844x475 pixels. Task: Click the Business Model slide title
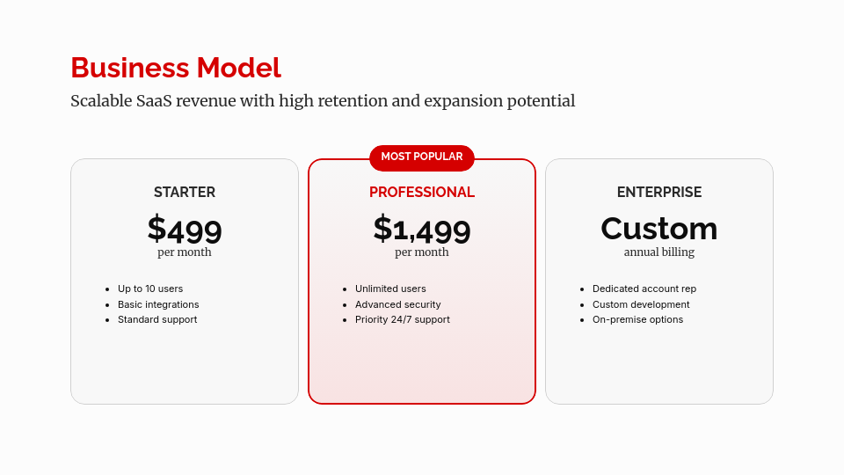click(176, 68)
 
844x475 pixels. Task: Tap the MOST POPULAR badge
click(422, 157)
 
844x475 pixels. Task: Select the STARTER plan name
click(185, 193)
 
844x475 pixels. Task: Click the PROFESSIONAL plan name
click(422, 193)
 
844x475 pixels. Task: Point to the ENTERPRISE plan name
click(659, 193)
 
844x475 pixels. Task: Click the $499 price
click(185, 229)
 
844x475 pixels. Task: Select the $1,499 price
click(422, 229)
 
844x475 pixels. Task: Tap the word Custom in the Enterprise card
click(659, 229)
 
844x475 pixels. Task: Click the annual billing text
click(659, 252)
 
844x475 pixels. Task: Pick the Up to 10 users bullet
click(150, 289)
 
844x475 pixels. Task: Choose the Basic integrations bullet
click(158, 304)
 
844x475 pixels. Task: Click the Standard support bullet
click(157, 319)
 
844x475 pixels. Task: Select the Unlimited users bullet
click(390, 289)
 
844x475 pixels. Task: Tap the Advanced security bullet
click(397, 304)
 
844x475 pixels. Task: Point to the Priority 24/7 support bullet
click(402, 319)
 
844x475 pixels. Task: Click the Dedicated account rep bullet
click(644, 289)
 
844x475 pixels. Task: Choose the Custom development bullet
click(641, 304)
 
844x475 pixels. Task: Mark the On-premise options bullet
click(638, 319)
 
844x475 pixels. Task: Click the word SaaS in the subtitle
click(154, 100)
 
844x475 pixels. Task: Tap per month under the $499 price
click(185, 252)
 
